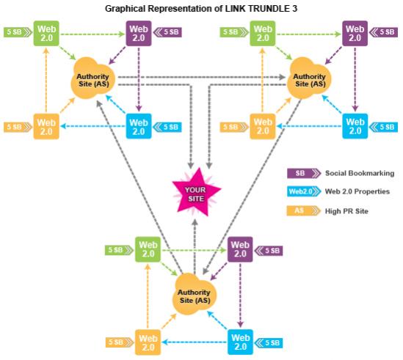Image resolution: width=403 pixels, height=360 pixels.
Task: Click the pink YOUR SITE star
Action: click(x=196, y=193)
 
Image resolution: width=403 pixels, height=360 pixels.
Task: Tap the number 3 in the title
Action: click(x=294, y=9)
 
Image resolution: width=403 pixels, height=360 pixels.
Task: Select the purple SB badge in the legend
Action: click(x=304, y=173)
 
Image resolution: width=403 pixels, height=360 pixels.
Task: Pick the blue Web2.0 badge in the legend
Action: click(x=304, y=191)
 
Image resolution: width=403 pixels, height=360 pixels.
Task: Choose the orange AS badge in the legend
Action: click(x=304, y=211)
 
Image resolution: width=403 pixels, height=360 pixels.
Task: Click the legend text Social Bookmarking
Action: click(x=360, y=173)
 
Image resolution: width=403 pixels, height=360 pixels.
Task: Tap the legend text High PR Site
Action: click(x=346, y=211)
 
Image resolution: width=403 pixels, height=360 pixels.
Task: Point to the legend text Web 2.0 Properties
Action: click(x=357, y=191)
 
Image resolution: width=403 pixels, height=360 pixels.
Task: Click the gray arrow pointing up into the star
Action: click(x=195, y=247)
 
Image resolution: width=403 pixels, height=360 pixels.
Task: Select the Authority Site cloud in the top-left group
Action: click(x=92, y=78)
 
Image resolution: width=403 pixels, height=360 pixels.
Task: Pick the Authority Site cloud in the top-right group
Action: click(x=309, y=78)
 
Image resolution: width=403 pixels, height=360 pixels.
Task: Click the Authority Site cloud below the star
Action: click(x=195, y=294)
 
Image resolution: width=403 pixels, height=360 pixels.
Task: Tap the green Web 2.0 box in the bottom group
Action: click(x=148, y=249)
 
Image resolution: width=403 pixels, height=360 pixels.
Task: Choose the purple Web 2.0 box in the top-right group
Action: click(x=355, y=34)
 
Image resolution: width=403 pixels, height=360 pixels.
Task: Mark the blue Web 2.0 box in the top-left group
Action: click(x=139, y=126)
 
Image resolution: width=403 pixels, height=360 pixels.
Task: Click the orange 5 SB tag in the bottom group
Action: click(x=120, y=342)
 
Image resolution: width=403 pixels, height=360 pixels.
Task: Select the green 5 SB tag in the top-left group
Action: click(x=18, y=32)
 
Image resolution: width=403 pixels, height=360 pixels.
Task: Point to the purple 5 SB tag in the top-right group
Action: click(x=383, y=32)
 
